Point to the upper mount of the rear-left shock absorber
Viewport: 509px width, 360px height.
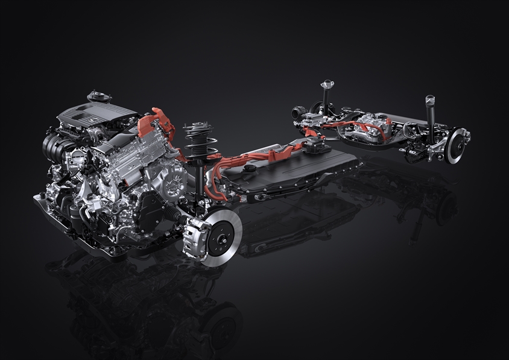tap(328, 84)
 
